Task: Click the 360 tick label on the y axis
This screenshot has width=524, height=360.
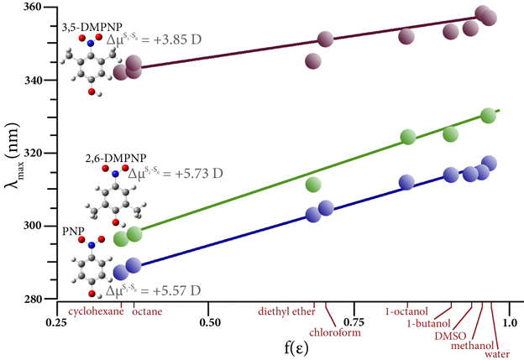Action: [37, 8]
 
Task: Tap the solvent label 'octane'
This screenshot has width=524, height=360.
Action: [147, 311]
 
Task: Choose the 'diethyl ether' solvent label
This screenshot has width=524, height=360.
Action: [285, 311]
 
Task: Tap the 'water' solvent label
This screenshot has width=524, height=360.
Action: [495, 353]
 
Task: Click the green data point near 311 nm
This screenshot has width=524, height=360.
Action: [313, 185]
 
